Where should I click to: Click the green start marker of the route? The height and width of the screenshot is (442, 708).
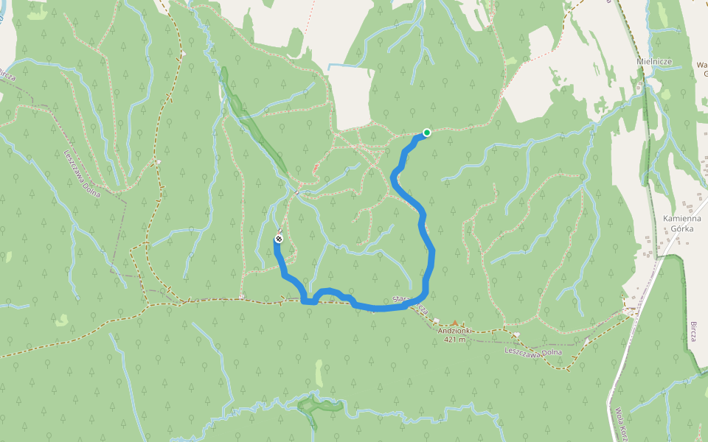(x=426, y=133)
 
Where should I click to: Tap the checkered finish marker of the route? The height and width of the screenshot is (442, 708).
(x=279, y=239)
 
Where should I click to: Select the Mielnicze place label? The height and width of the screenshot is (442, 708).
(x=654, y=62)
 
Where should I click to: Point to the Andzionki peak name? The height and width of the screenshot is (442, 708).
(x=454, y=331)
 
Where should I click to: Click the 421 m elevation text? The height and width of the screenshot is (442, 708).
(x=454, y=340)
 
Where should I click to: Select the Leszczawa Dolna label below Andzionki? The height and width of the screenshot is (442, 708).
(x=533, y=352)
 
